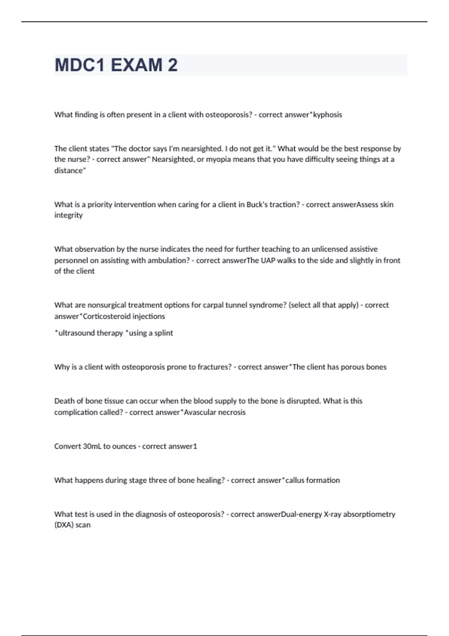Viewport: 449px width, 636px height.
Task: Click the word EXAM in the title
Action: pyautogui.click(x=136, y=65)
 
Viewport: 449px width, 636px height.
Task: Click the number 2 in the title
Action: pyautogui.click(x=172, y=65)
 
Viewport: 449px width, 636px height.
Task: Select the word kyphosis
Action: pyautogui.click(x=327, y=115)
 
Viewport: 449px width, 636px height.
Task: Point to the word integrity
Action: pyautogui.click(x=68, y=215)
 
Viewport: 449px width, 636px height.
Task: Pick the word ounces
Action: pyautogui.click(x=124, y=446)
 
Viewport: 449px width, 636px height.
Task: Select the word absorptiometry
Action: pyautogui.click(x=369, y=514)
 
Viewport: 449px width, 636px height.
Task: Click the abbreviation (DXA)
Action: pyautogui.click(x=64, y=525)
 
